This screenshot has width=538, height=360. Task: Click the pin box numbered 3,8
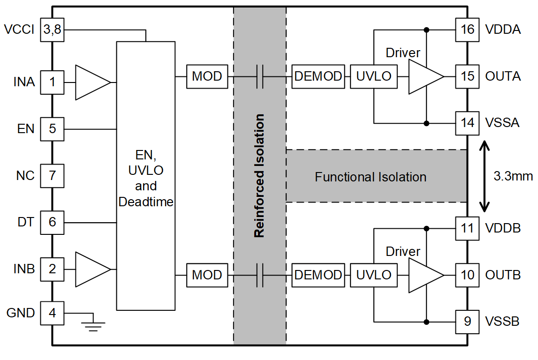pos(52,30)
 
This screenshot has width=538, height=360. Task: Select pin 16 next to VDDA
pos(468,30)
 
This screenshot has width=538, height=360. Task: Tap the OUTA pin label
pos(503,76)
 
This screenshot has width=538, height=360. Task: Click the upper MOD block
pos(207,76)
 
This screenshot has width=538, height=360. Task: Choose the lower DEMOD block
pos(318,275)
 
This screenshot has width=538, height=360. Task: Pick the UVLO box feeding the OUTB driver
pos(373,275)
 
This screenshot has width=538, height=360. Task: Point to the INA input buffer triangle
pos(91,82)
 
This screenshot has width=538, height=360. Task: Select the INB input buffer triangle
pos(91,270)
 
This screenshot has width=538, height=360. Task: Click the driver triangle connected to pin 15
pos(424,76)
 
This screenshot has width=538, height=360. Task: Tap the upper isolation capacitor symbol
pos(260,76)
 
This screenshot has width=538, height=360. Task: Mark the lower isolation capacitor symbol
pos(260,275)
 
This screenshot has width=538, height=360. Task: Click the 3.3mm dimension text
pos(513,177)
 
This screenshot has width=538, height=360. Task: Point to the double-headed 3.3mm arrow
pos(485,176)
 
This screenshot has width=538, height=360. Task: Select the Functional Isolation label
pos(371,177)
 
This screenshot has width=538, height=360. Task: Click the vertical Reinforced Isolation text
pos(259,176)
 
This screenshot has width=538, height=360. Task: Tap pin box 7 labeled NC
pos(52,176)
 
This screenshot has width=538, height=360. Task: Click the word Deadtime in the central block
pos(146,202)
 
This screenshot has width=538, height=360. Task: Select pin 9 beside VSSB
pos(468,322)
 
